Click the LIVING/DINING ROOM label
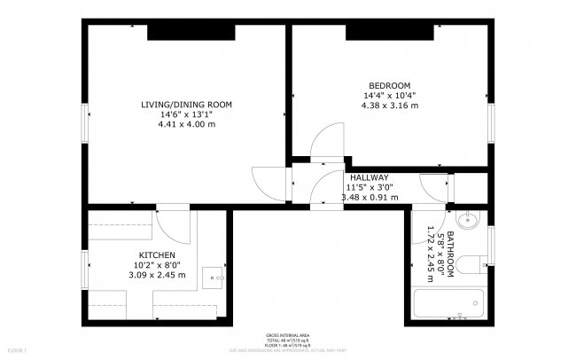point(186,105)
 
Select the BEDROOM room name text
point(388,85)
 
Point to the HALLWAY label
point(369,177)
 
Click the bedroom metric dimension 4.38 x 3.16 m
point(388,106)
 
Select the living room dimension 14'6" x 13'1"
point(186,114)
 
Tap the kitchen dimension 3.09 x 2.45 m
point(155,275)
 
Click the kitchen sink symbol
point(213,276)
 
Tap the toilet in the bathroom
point(473,261)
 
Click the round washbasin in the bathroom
point(471,223)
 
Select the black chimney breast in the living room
point(191,32)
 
